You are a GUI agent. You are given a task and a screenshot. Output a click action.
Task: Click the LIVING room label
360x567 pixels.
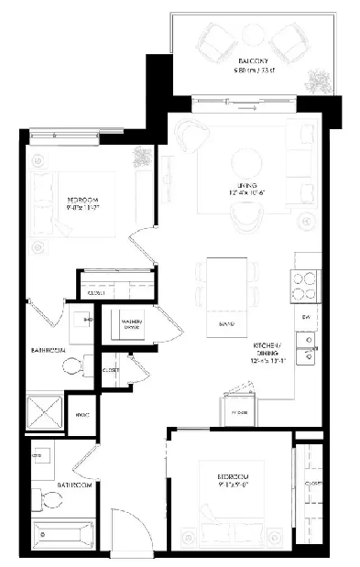pyautogui.click(x=242, y=191)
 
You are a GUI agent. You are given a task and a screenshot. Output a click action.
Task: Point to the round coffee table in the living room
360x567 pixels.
pyautogui.click(x=243, y=164)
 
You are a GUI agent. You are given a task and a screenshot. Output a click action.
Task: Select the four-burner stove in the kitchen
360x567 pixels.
pyautogui.click(x=305, y=286)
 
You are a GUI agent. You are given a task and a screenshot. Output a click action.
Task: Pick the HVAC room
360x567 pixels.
pyautogui.click(x=81, y=415)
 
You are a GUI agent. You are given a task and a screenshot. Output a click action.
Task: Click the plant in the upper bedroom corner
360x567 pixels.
pyautogui.click(x=142, y=157)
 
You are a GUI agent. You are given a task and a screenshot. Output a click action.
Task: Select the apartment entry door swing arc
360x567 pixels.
pyautogui.click(x=128, y=527)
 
